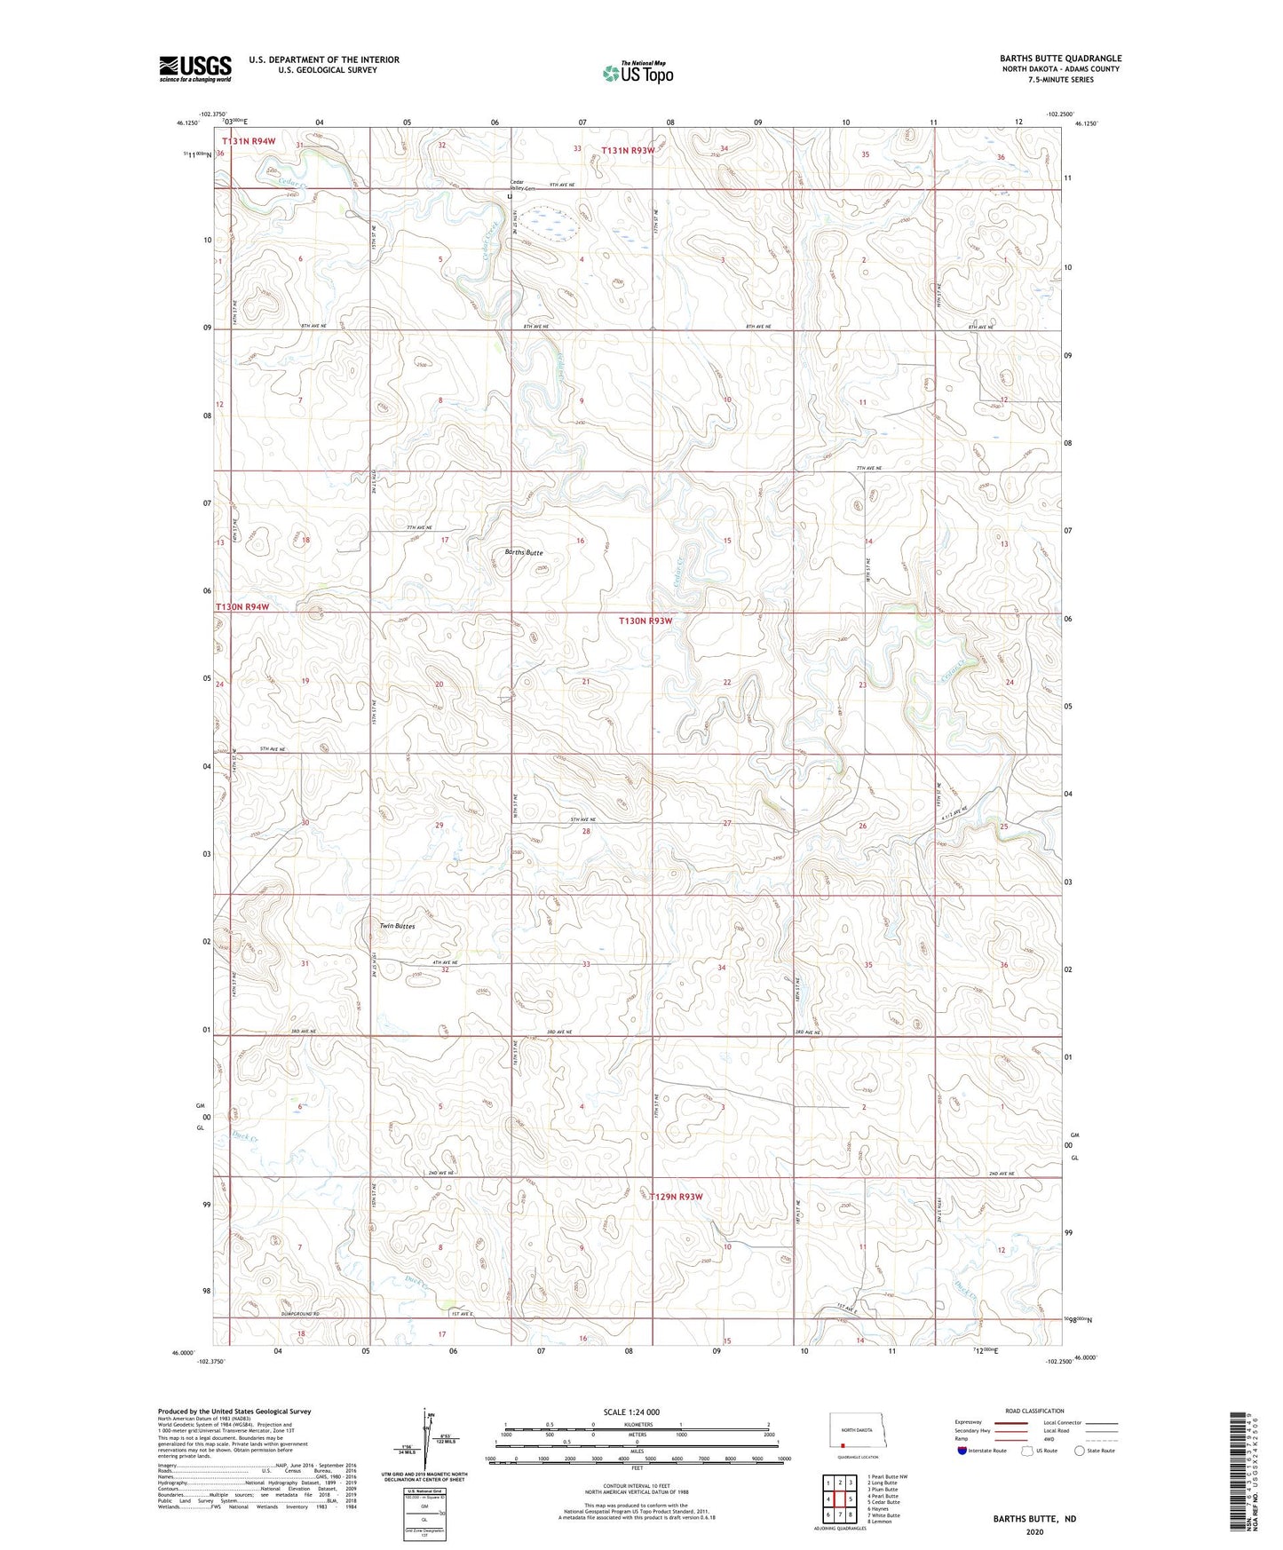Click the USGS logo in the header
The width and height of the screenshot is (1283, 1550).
pyautogui.click(x=194, y=68)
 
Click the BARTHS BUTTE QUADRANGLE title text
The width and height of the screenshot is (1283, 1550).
pyautogui.click(x=1060, y=59)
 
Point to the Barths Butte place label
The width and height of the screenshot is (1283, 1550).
pyautogui.click(x=523, y=552)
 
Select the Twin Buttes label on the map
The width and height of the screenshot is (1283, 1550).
pyautogui.click(x=397, y=926)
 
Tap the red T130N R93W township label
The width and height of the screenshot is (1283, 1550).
pyautogui.click(x=645, y=621)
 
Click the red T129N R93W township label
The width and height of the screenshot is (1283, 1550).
pyautogui.click(x=676, y=1197)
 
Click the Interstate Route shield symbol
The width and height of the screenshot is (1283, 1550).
pyautogui.click(x=962, y=1450)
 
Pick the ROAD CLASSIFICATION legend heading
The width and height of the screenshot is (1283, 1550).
pyautogui.click(x=1034, y=1411)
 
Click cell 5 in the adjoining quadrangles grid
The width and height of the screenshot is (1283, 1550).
pyautogui.click(x=851, y=1499)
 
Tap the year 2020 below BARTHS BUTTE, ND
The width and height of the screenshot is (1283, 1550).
pyautogui.click(x=1034, y=1531)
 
